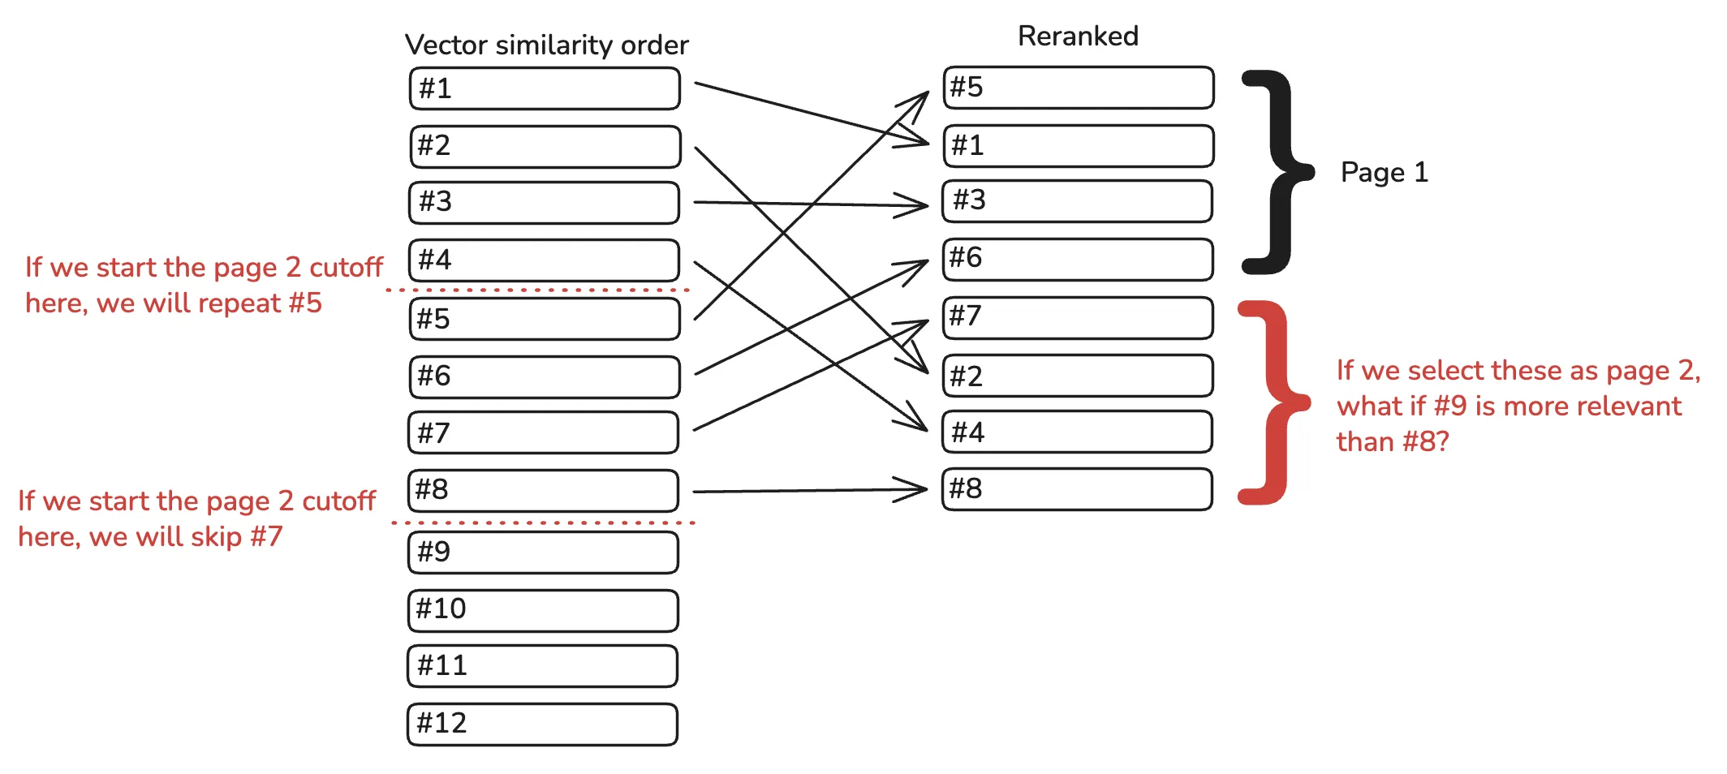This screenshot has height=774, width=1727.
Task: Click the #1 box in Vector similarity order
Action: [544, 88]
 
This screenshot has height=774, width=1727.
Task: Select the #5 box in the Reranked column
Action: [1078, 88]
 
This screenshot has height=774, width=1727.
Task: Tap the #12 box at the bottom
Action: [542, 724]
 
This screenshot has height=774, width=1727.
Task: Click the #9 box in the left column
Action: [542, 553]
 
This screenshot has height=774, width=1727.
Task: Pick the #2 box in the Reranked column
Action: [1078, 376]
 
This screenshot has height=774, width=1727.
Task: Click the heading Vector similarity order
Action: [546, 45]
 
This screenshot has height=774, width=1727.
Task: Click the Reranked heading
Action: [1078, 36]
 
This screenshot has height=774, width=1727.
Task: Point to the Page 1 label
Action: [1384, 172]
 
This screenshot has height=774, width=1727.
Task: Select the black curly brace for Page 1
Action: [1278, 172]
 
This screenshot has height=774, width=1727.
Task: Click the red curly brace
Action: [1274, 402]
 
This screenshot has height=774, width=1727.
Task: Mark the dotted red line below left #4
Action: [537, 290]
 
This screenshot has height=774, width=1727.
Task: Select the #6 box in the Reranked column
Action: [1078, 259]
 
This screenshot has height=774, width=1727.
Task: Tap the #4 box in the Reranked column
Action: [1078, 432]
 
